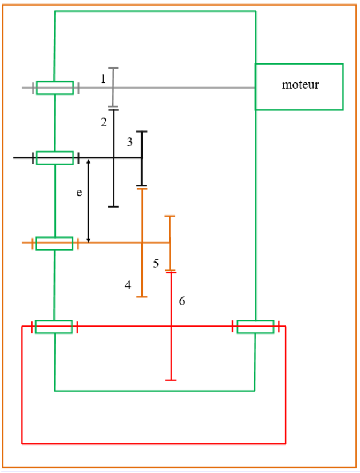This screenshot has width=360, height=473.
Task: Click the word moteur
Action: click(300, 85)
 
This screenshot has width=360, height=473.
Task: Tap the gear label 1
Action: click(104, 79)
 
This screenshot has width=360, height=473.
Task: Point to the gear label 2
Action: click(104, 122)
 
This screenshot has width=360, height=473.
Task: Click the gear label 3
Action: click(130, 141)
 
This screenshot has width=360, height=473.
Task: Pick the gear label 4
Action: click(128, 284)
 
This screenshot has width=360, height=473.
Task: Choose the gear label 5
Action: click(156, 263)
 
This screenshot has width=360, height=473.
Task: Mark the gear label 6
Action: click(182, 301)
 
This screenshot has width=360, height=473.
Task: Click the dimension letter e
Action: click(79, 193)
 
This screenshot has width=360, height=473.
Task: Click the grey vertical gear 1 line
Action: click(113, 77)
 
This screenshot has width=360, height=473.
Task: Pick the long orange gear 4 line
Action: click(142, 269)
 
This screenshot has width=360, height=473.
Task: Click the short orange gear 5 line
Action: click(170, 229)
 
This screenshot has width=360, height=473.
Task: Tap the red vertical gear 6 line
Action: click(171, 355)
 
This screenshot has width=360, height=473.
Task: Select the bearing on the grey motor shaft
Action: click(55, 88)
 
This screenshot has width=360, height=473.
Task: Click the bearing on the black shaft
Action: click(55, 157)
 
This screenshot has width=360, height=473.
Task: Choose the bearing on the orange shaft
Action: click(54, 243)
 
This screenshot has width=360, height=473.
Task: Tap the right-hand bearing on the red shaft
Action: click(255, 327)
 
